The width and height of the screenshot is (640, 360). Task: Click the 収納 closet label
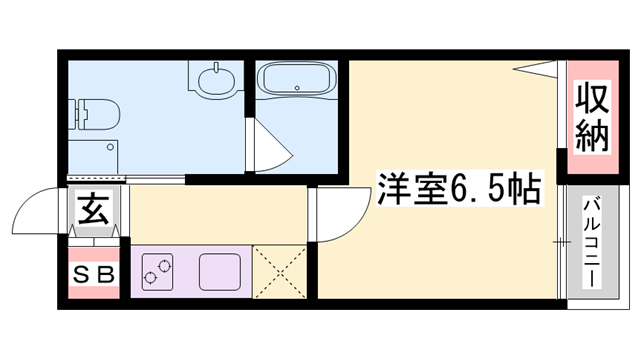(x=592, y=118)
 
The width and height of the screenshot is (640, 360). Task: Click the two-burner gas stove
(x=157, y=271)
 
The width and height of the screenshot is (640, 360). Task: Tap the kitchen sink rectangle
(x=219, y=271)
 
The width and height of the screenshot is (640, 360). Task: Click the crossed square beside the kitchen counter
(x=279, y=271)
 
